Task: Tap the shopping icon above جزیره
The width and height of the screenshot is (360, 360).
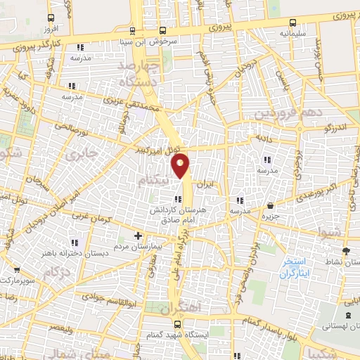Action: pyautogui.click(x=270, y=206)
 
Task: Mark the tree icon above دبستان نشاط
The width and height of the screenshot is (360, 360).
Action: pyautogui.click(x=345, y=250)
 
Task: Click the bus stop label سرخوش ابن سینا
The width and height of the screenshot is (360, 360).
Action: pyautogui.click(x=164, y=41)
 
